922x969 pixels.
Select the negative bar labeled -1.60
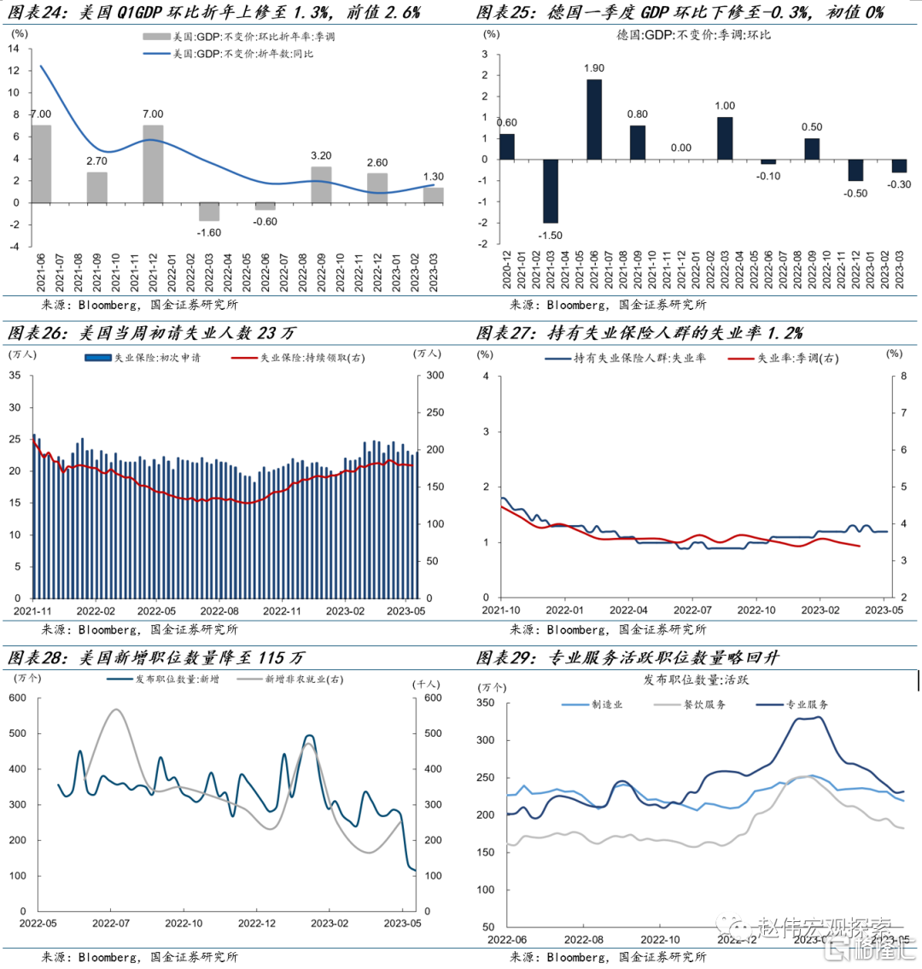click(x=209, y=212)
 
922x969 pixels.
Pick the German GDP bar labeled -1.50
click(x=551, y=191)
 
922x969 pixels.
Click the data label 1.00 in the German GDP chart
click(x=725, y=106)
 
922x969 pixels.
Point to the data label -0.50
click(x=855, y=194)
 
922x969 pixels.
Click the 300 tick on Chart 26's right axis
click(x=435, y=376)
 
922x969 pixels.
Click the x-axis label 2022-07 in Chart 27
click(x=692, y=610)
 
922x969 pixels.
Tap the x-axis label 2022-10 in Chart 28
click(x=184, y=923)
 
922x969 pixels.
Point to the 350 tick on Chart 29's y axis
click(x=485, y=703)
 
